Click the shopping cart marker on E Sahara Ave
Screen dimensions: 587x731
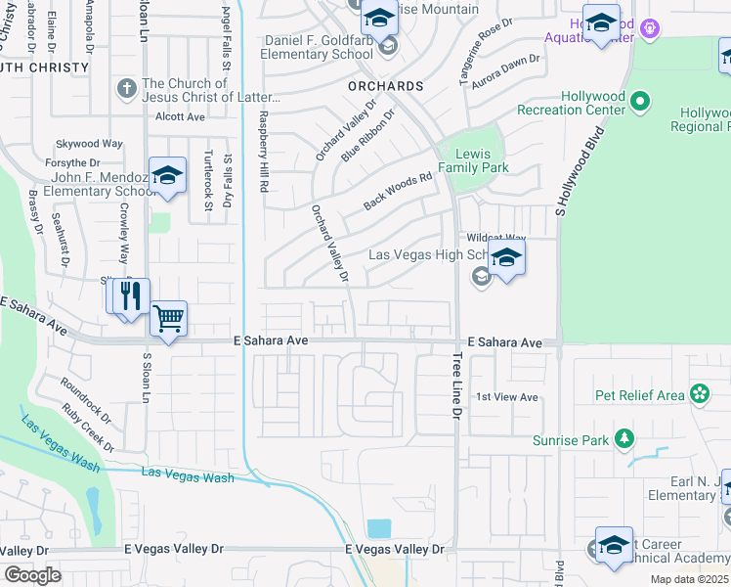pos(168,318)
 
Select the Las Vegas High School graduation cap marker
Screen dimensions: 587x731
pos(506,259)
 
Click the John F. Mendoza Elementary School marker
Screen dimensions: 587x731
pos(167,176)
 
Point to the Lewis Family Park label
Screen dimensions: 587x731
pos(472,160)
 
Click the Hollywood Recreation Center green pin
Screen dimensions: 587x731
pos(640,100)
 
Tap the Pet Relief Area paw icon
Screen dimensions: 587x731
pos(700,395)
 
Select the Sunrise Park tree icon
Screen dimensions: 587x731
pos(623,440)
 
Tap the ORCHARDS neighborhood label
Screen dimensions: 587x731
pos(385,86)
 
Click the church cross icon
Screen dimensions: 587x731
pos(126,90)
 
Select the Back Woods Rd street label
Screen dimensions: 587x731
pos(398,192)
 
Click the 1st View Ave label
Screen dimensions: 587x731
pos(507,397)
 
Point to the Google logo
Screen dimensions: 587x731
pos(33,574)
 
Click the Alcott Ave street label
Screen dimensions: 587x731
pos(180,116)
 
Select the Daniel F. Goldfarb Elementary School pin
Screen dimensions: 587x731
pos(388,46)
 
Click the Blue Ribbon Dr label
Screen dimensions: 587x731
pos(367,136)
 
